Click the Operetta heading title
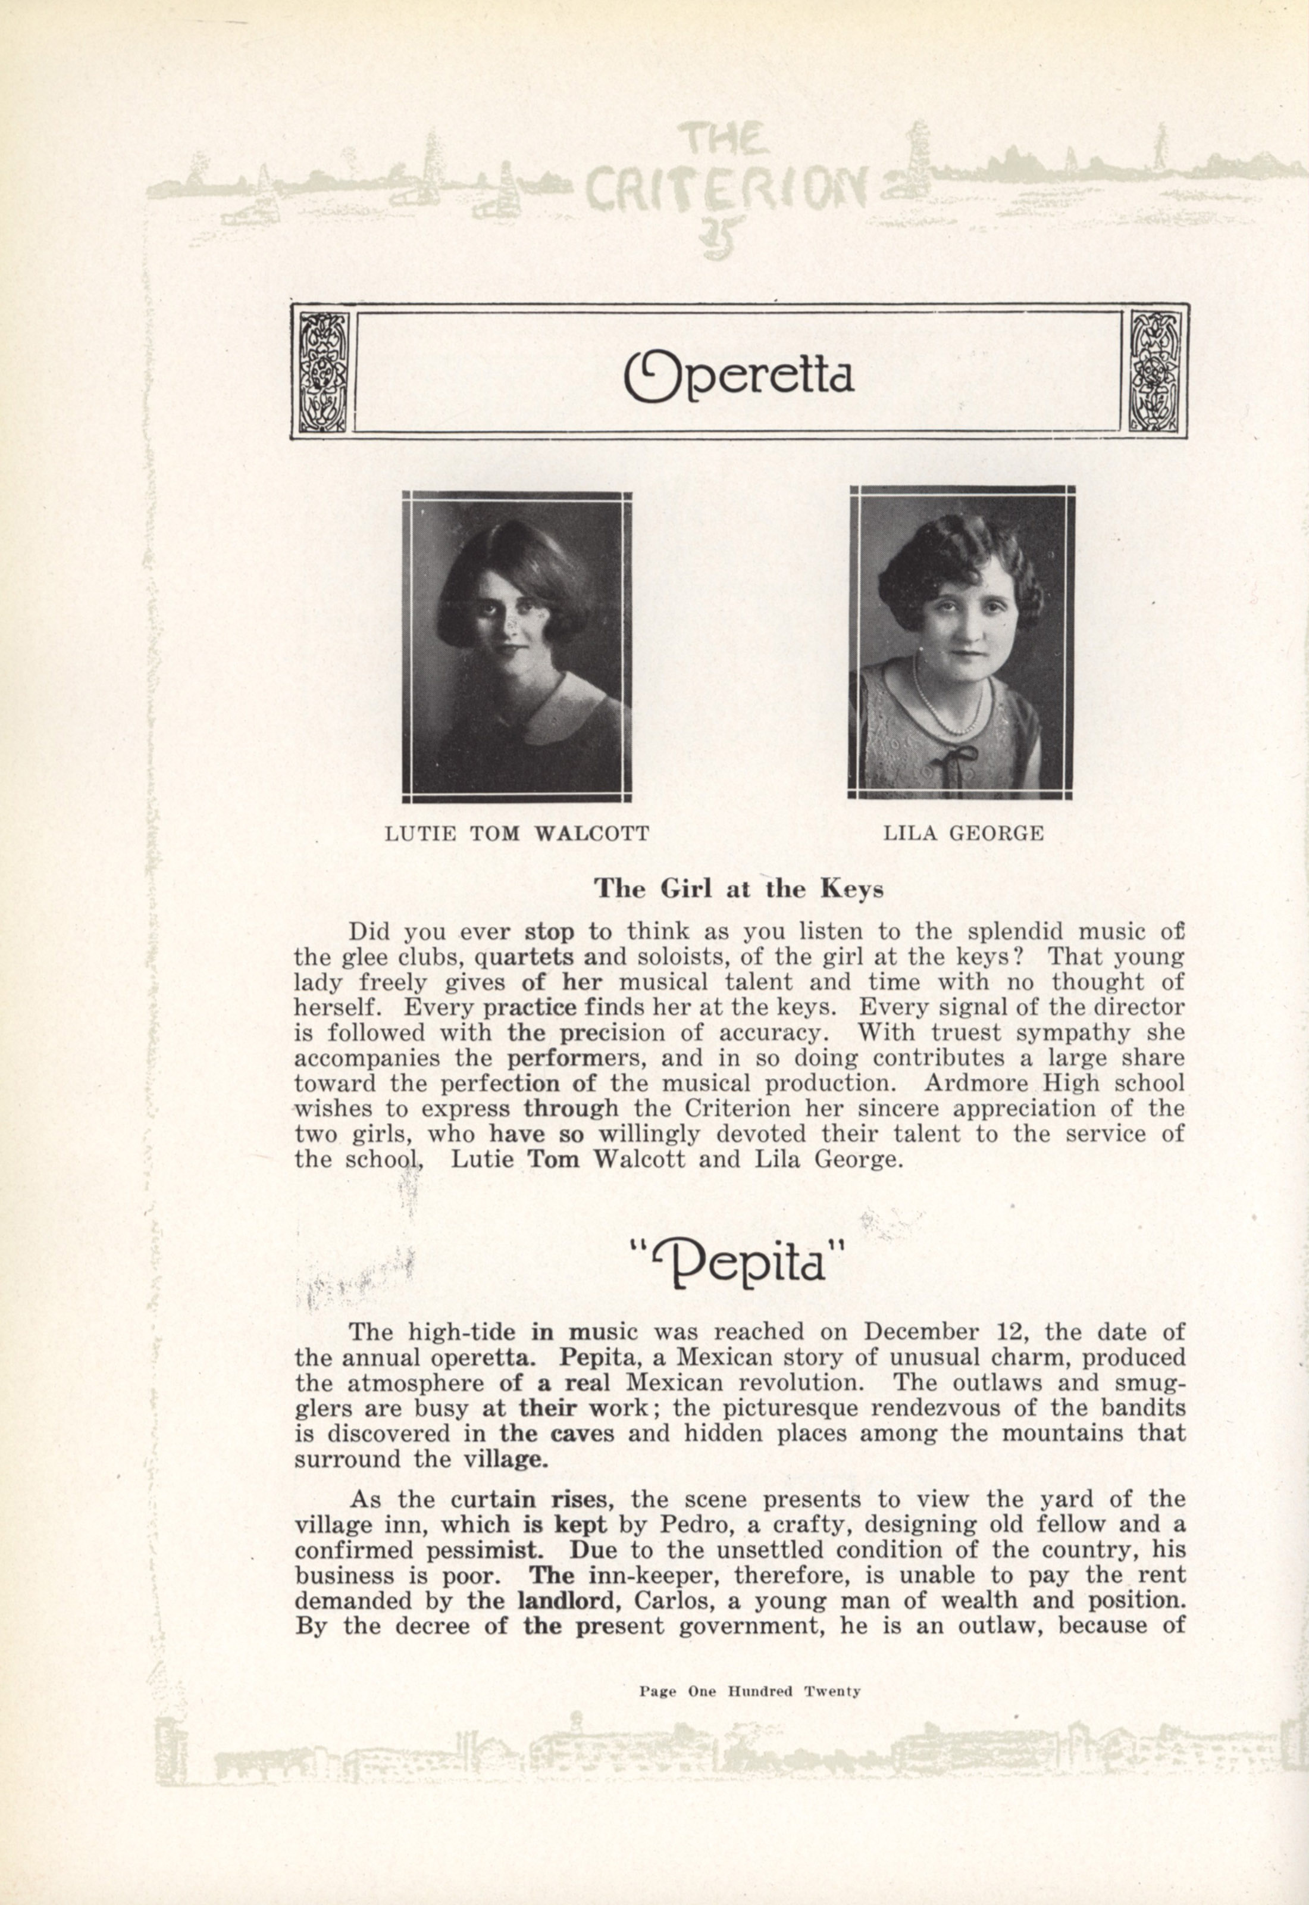(x=738, y=375)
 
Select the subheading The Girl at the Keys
(x=738, y=889)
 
